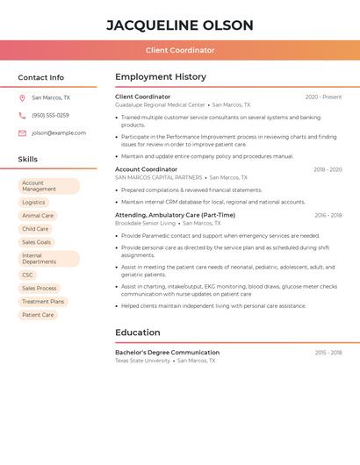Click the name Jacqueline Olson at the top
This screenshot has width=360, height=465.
click(x=180, y=25)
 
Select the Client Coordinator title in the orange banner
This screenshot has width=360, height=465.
click(x=180, y=50)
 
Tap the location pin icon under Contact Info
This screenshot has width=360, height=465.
click(x=22, y=97)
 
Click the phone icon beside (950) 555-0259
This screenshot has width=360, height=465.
click(x=22, y=115)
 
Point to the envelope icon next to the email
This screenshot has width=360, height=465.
click(x=22, y=133)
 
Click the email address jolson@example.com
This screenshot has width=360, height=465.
click(x=59, y=133)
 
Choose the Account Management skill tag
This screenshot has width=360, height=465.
click(x=48, y=186)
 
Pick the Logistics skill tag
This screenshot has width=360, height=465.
click(x=33, y=203)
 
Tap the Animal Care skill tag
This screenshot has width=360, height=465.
click(x=38, y=216)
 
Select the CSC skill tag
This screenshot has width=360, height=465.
click(x=28, y=275)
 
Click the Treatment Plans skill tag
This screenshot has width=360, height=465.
click(x=43, y=302)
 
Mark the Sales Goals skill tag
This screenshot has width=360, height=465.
click(x=37, y=242)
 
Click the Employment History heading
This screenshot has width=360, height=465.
click(x=161, y=77)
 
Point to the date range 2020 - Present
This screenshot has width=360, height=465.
click(x=323, y=97)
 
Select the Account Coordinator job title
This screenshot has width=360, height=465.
click(x=146, y=169)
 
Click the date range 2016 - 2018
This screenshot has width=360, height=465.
click(x=328, y=215)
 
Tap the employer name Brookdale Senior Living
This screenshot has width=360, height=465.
click(x=145, y=223)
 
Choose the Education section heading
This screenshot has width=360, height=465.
click(x=138, y=333)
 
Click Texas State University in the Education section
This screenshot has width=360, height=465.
click(x=142, y=361)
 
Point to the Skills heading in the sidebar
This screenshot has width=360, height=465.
click(x=28, y=160)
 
